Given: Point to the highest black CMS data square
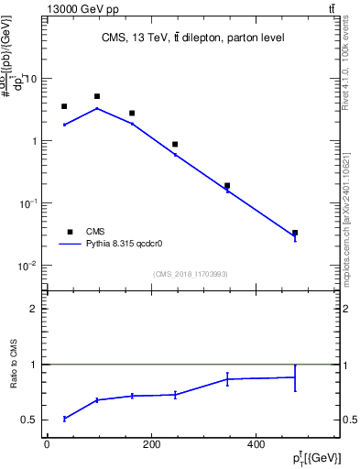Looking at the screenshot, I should point(97,96).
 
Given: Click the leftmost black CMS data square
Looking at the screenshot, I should point(64,106).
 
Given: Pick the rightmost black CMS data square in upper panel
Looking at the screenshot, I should point(294,233).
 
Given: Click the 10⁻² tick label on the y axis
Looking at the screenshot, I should point(27,266).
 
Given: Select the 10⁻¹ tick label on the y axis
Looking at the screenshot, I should point(27,203).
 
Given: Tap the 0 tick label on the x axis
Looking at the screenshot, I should point(47,443).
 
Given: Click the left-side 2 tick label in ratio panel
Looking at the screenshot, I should point(35,310).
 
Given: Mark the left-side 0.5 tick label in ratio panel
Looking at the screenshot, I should point(30,420).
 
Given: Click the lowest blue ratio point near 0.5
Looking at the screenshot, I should point(64,419).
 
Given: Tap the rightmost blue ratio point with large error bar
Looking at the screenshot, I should point(294,377).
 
